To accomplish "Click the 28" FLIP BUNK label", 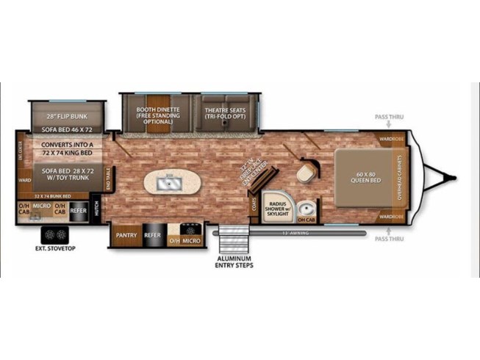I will [x=68, y=116].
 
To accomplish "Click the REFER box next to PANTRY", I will [x=153, y=237].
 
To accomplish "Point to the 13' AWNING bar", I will [x=294, y=234].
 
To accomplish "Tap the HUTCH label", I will [x=96, y=209].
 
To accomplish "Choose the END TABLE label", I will [x=108, y=179].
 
